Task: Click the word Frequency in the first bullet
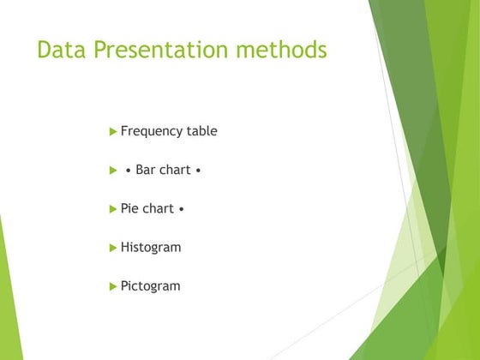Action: coord(152,131)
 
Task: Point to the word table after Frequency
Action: coord(202,131)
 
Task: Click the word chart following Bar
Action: coord(176,170)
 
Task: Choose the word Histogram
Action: coord(151,247)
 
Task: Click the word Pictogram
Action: coord(151,286)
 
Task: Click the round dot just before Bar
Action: coord(128,171)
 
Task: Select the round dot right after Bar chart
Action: coord(199,171)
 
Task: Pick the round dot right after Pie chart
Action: coord(182,209)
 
